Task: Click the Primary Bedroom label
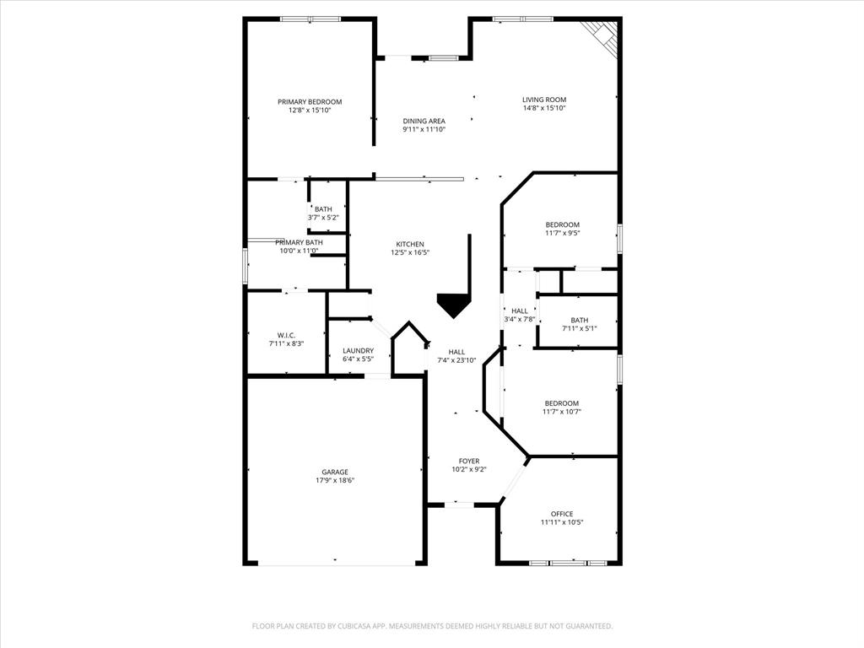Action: [x=310, y=101]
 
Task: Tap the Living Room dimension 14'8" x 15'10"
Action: [x=543, y=108]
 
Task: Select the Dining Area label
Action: [x=424, y=121]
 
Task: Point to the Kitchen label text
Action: [x=410, y=244]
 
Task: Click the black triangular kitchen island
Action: [x=455, y=304]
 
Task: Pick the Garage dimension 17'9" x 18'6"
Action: [x=334, y=481]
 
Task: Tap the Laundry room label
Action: [x=358, y=350]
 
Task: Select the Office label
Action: [x=562, y=514]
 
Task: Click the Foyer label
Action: [x=469, y=461]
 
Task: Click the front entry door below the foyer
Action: [x=459, y=505]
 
